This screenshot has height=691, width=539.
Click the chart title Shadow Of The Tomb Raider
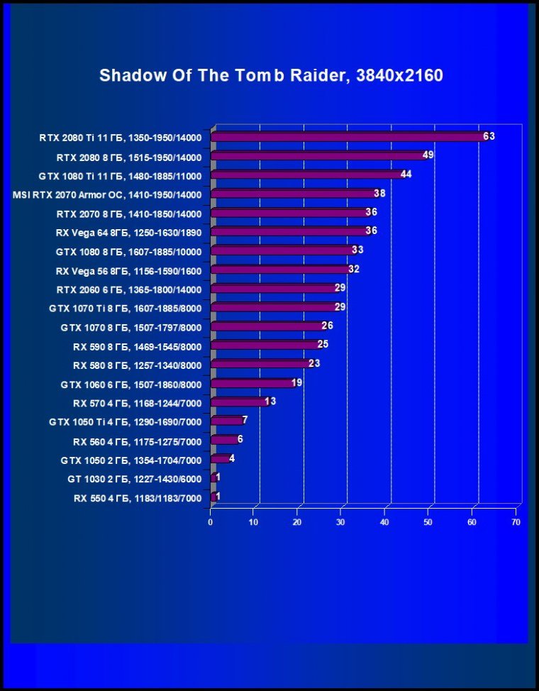coord(271,75)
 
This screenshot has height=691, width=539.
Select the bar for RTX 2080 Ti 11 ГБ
coord(348,137)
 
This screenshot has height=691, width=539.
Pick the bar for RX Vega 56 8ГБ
coord(280,270)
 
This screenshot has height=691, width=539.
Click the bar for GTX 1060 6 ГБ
coord(252,384)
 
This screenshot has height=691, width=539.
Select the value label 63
coord(489,136)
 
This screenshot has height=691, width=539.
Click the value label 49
coord(428,155)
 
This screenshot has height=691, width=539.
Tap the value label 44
coord(406,174)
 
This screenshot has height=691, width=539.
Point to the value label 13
coord(270,402)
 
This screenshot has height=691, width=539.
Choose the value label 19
coord(296,383)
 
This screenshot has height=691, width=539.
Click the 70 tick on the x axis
coord(516,522)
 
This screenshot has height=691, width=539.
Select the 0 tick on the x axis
coord(211,522)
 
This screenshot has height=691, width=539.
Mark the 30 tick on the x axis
coord(341,522)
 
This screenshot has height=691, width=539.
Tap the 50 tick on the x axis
coord(428,522)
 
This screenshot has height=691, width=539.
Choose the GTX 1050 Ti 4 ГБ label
coord(126,422)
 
